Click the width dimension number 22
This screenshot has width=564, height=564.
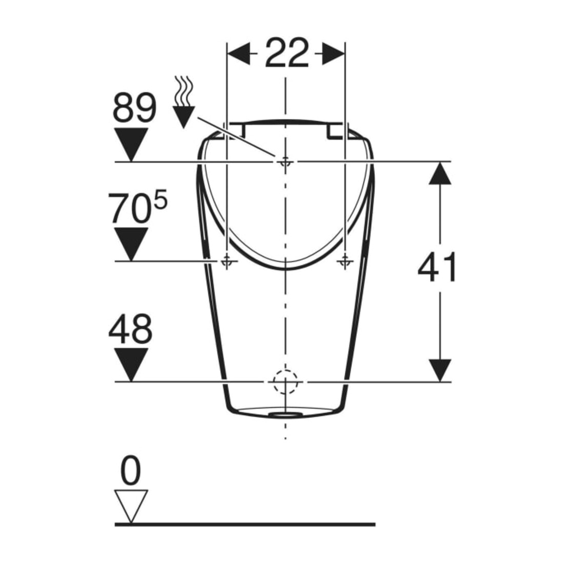[287, 53]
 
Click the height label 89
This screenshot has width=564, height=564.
[135, 108]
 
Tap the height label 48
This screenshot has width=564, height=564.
[130, 328]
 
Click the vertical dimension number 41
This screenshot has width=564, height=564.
[437, 267]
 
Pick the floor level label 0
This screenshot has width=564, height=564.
[131, 470]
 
